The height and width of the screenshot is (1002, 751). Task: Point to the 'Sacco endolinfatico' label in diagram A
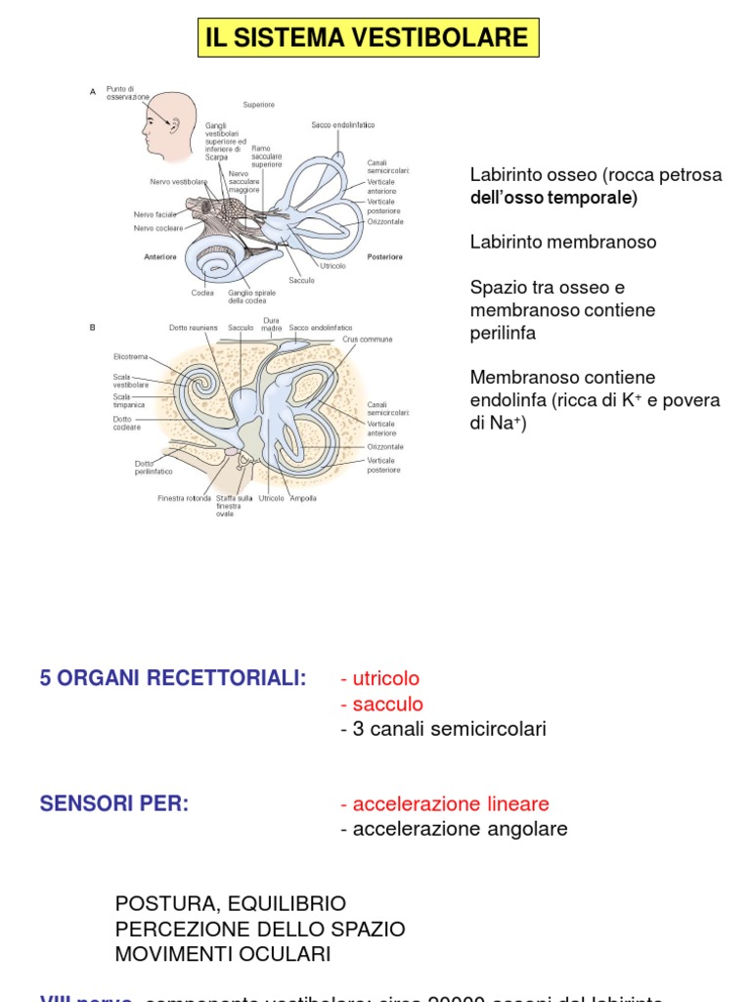pos(343,125)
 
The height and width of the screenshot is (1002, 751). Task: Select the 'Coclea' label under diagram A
pos(202,292)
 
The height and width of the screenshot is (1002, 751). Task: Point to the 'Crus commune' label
pos(368,340)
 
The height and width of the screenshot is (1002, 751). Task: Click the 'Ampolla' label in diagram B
pos(302,498)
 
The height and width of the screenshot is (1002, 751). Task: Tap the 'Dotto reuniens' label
pos(190,328)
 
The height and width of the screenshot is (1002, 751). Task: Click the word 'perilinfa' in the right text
pos(503,333)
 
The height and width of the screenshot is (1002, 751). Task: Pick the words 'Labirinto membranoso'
pos(563,242)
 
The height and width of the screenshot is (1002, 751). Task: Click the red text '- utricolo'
pos(379,679)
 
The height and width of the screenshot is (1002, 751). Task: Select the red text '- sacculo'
pos(381,705)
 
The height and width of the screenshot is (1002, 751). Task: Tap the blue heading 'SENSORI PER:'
pos(114,804)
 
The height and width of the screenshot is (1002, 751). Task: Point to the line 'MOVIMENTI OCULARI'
pos(223,953)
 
